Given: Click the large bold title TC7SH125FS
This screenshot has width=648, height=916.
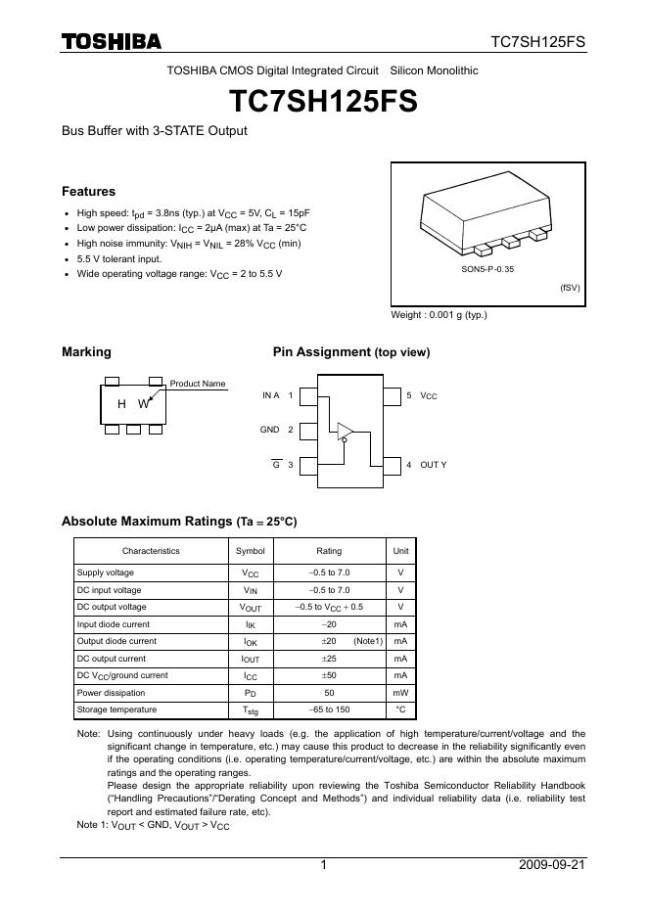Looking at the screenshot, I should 323,102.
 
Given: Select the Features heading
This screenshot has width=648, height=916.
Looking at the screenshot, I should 88,192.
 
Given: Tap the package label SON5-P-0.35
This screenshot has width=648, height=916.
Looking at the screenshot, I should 487,267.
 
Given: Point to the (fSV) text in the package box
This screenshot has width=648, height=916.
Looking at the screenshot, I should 570,289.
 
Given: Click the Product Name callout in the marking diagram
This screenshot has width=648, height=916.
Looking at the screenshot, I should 198,384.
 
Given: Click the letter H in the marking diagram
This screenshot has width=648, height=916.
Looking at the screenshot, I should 121,403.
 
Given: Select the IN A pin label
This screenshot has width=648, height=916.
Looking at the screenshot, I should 271,395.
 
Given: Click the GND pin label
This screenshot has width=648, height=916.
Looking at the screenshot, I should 270,430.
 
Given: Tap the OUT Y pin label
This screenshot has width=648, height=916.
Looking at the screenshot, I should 433,464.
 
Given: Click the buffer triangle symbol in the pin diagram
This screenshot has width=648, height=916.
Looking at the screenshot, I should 346,431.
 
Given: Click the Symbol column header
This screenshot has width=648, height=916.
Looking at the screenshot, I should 251,551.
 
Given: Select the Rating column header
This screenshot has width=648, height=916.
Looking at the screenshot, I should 329,551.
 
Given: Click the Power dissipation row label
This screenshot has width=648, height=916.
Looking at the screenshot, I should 111,693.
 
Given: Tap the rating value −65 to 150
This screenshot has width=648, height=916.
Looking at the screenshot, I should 329,710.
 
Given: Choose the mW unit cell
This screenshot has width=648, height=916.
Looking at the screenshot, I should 399,693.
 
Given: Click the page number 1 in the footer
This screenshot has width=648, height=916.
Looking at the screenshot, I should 323,865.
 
